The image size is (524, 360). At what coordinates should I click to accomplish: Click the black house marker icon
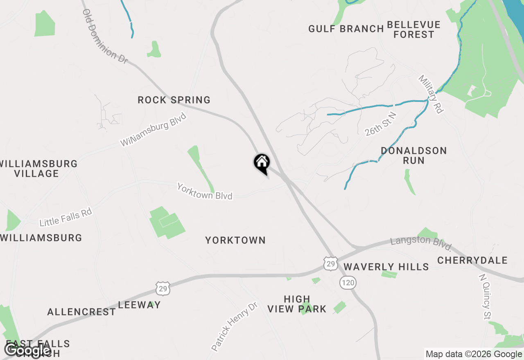click(x=262, y=163)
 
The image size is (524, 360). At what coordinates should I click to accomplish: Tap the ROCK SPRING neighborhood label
click(x=174, y=100)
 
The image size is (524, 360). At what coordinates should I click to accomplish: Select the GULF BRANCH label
click(x=346, y=29)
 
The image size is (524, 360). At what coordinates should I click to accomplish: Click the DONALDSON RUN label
click(x=413, y=155)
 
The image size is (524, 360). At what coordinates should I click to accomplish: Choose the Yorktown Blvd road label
click(x=205, y=191)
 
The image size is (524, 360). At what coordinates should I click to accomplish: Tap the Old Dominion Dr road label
click(x=105, y=36)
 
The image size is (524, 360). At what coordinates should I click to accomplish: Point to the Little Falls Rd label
click(x=65, y=217)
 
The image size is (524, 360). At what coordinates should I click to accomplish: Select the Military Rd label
click(x=431, y=94)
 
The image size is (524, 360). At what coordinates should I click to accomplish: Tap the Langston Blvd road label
click(x=421, y=244)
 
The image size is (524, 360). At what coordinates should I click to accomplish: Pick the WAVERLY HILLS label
click(x=386, y=267)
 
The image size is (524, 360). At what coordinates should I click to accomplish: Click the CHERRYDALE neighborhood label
click(x=472, y=260)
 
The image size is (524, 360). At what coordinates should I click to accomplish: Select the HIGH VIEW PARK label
click(x=297, y=304)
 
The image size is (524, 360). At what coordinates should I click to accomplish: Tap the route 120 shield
click(x=348, y=282)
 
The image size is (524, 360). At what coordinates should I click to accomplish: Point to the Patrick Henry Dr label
click(x=235, y=326)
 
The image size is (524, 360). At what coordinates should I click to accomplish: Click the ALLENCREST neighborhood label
click(x=81, y=312)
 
